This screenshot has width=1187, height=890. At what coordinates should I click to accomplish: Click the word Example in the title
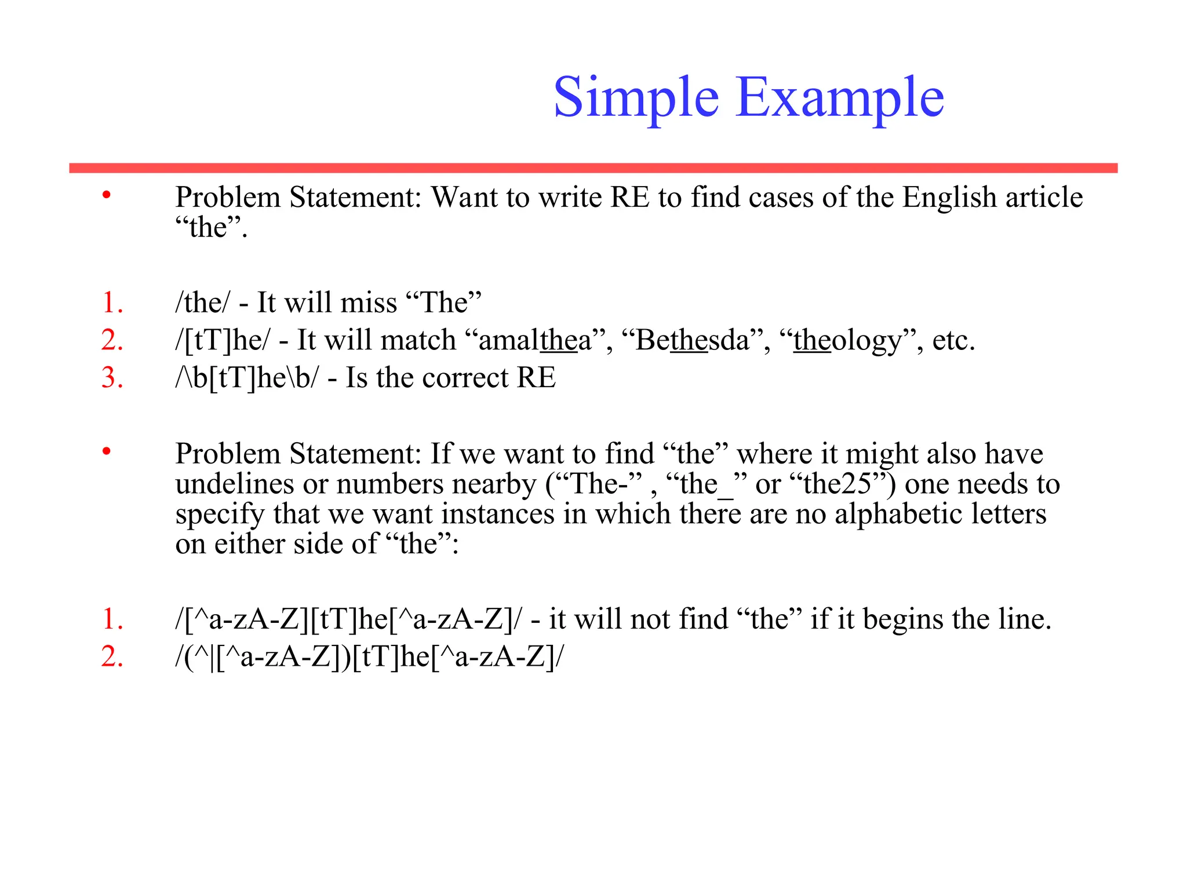[x=840, y=98]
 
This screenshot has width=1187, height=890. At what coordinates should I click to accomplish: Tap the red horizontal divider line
[x=593, y=168]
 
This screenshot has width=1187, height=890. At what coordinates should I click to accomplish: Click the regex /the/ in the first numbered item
[x=202, y=302]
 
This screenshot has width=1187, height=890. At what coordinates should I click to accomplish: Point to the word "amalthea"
[x=536, y=340]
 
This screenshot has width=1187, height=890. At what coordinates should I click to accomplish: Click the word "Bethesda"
[x=693, y=340]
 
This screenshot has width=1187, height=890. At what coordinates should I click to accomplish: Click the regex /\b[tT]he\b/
[x=247, y=378]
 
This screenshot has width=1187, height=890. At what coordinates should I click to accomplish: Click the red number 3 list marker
[x=112, y=378]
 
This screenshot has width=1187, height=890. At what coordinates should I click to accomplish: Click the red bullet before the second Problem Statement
[x=106, y=451]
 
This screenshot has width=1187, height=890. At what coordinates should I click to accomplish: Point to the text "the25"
[x=837, y=484]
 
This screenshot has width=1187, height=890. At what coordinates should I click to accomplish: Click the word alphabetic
[x=898, y=514]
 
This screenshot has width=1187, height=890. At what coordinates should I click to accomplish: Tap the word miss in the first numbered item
[x=369, y=302]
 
